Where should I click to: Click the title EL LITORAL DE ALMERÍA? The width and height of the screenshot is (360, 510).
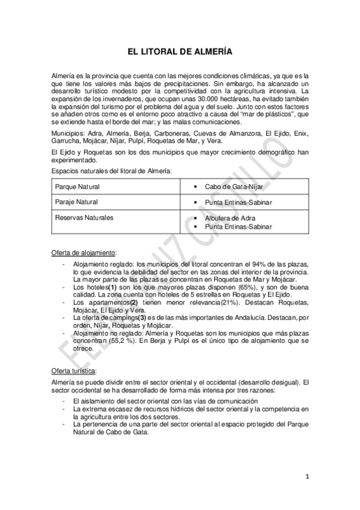click(180, 52)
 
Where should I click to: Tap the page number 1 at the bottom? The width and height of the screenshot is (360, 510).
click(307, 478)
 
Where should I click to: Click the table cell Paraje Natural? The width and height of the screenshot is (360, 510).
click(76, 201)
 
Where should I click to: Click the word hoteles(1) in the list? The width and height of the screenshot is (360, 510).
click(101, 287)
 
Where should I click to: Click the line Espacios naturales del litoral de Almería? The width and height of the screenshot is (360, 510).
click(111, 171)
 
